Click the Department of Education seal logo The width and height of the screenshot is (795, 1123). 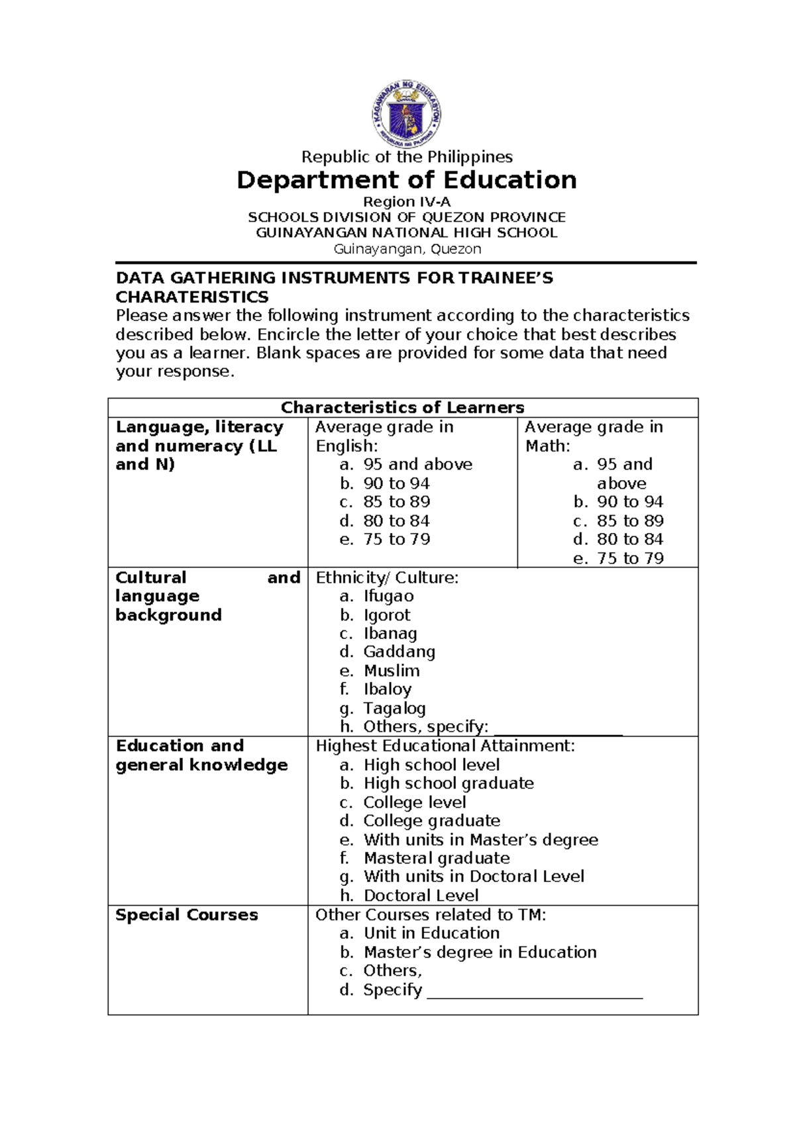406,114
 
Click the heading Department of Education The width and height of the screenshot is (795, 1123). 406,180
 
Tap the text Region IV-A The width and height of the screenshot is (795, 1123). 406,202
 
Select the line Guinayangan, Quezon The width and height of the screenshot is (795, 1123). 406,250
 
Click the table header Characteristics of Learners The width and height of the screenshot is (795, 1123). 402,408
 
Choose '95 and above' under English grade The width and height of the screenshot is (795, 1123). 417,465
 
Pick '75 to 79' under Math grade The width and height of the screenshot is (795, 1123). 629,559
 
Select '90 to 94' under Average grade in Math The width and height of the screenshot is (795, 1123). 629,503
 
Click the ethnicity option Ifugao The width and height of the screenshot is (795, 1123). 388,597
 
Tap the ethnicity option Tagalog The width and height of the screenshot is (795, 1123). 394,708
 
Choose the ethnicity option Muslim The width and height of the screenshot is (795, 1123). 391,671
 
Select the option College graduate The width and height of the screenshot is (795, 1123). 431,821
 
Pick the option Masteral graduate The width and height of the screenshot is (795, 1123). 437,859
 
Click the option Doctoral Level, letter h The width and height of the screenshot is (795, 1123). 420,896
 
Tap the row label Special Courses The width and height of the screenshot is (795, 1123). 186,915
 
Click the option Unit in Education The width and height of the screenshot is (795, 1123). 431,934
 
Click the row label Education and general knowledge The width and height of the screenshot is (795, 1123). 201,756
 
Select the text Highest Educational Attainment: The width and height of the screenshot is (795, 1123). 445,746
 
